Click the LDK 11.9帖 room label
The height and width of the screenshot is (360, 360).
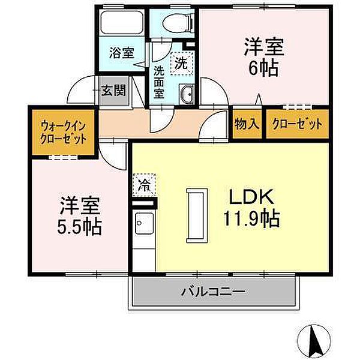(251, 207)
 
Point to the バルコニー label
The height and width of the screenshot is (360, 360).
(213, 293)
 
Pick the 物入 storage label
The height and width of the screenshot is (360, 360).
(247, 124)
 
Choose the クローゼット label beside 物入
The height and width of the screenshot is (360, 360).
(297, 124)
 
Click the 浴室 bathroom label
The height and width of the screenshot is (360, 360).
(122, 53)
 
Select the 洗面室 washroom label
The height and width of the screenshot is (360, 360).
(159, 81)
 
